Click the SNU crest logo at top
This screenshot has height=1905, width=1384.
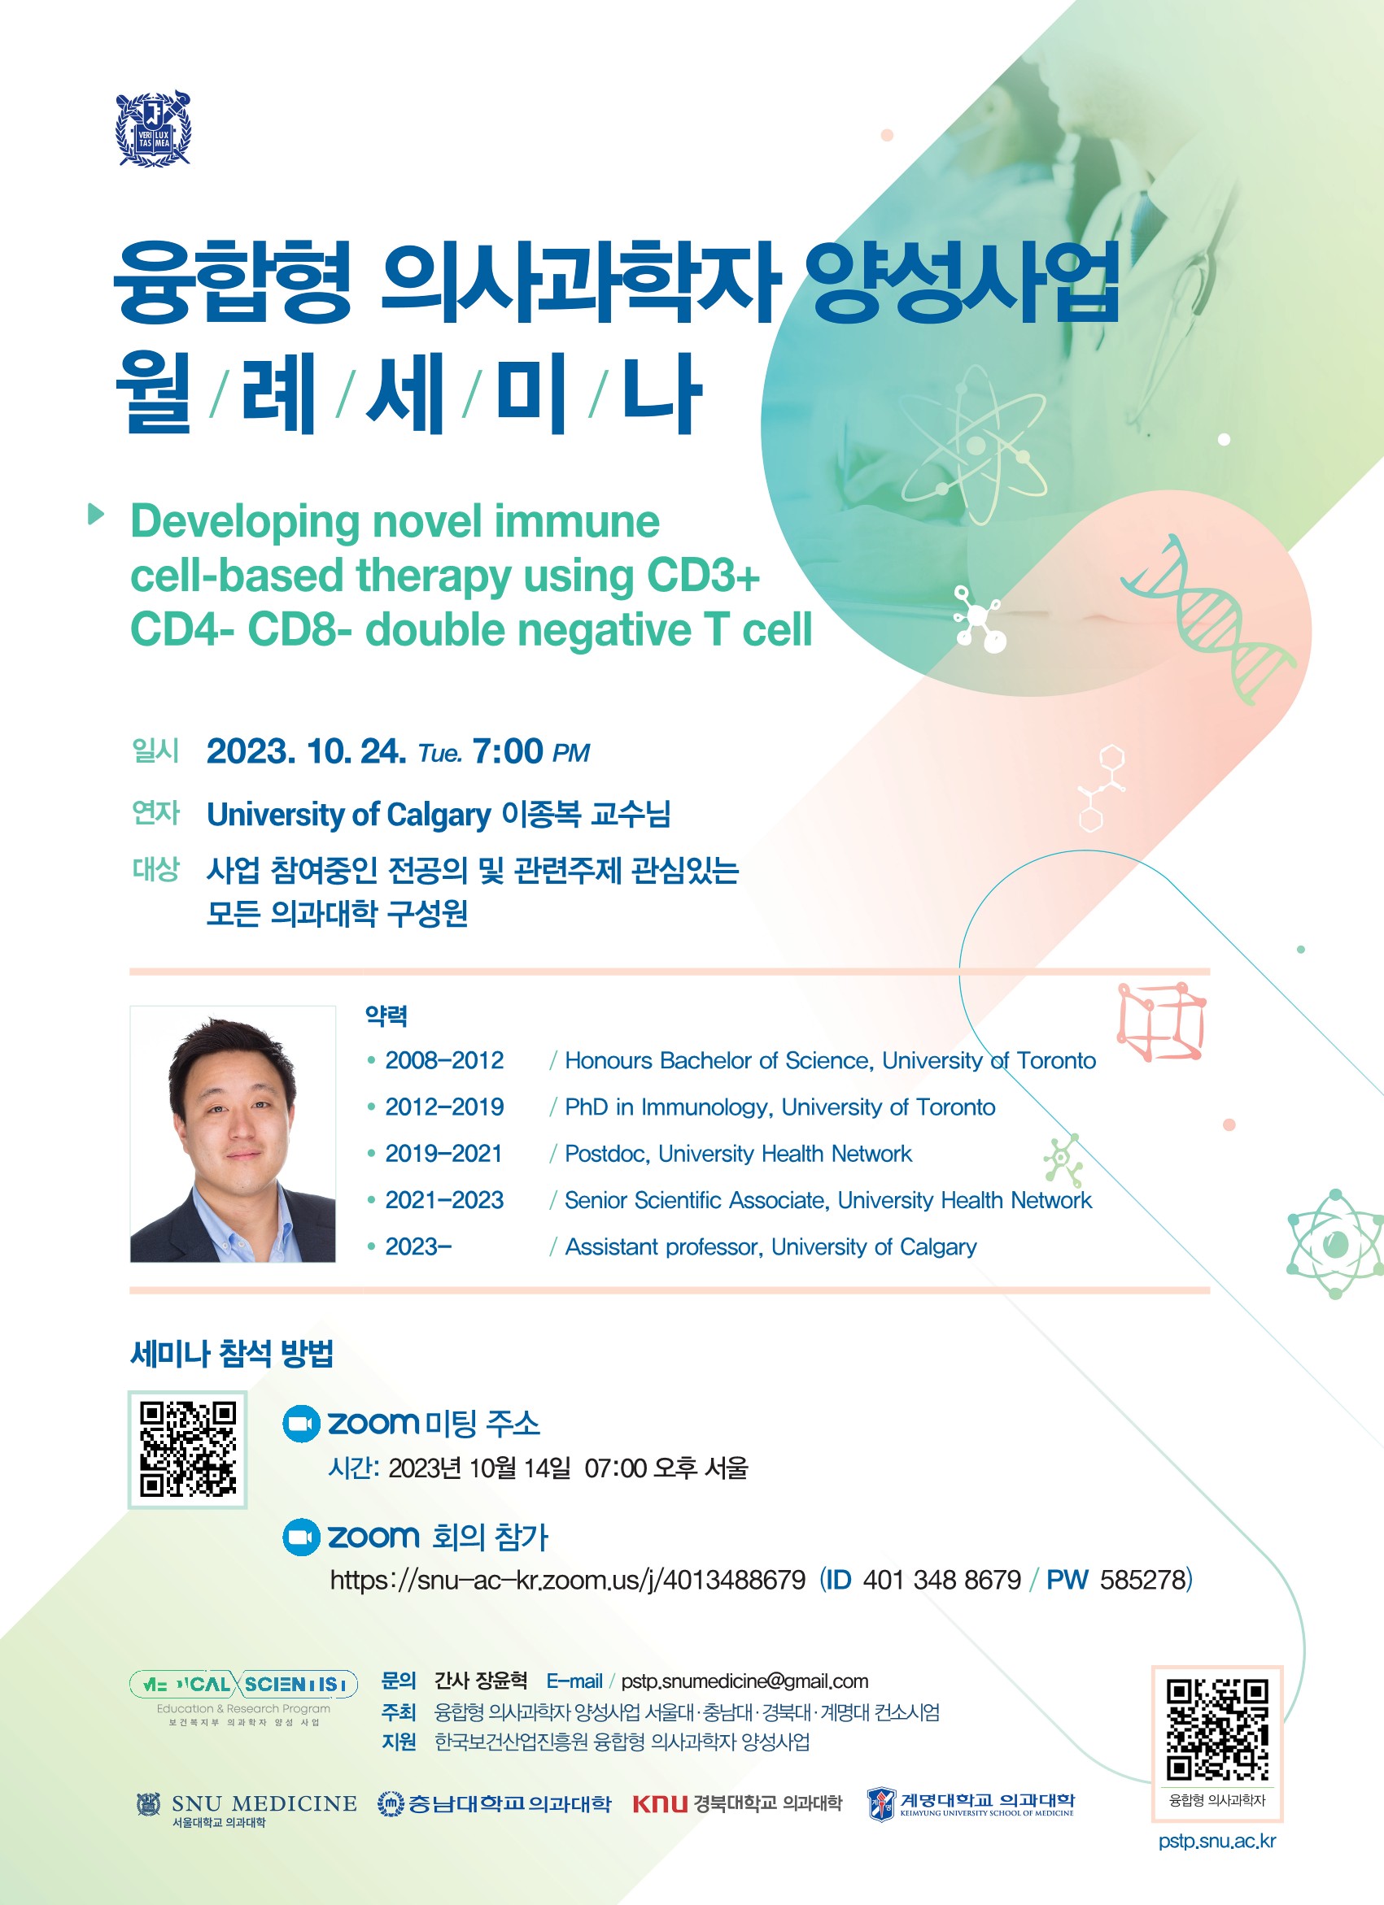pyautogui.click(x=153, y=129)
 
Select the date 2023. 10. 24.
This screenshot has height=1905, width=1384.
pyautogui.click(x=307, y=751)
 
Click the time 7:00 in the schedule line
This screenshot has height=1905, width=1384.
pyautogui.click(x=508, y=751)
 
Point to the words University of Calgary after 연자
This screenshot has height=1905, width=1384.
pyautogui.click(x=349, y=814)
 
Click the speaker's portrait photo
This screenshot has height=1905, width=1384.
pyautogui.click(x=233, y=1133)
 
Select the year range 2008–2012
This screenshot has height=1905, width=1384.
pyautogui.click(x=444, y=1060)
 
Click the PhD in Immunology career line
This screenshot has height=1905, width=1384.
pyautogui.click(x=779, y=1107)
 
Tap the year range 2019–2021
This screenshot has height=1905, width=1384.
pyautogui.click(x=443, y=1153)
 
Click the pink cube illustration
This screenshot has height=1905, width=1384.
pyautogui.click(x=1162, y=1020)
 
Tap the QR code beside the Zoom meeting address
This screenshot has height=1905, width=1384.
pyautogui.click(x=187, y=1449)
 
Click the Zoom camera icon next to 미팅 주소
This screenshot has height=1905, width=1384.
pyautogui.click(x=301, y=1423)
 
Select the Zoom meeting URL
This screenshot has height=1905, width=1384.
pyautogui.click(x=568, y=1580)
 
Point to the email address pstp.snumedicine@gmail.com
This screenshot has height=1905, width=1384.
pyautogui.click(x=744, y=1681)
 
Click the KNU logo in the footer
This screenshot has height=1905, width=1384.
pyautogui.click(x=660, y=1803)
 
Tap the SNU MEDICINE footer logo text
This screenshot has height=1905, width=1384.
pyautogui.click(x=264, y=1803)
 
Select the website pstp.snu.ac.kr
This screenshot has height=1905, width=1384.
pyautogui.click(x=1216, y=1840)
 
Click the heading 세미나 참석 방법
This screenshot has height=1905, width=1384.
pyautogui.click(x=232, y=1353)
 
